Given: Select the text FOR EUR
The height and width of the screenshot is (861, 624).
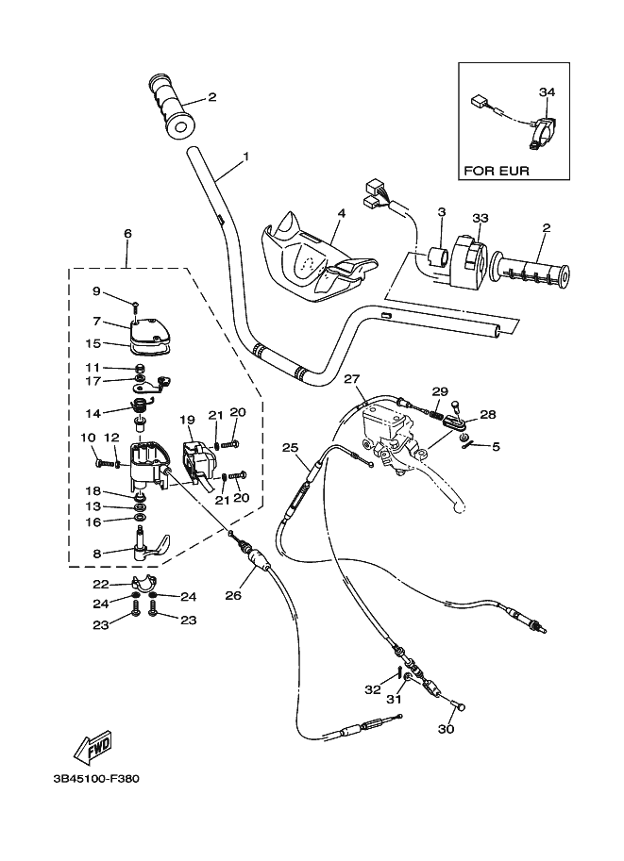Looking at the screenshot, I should click(x=496, y=171).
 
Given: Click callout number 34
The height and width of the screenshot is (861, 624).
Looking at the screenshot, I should click(x=548, y=91).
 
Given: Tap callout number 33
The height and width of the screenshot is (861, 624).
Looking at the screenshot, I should click(x=480, y=218).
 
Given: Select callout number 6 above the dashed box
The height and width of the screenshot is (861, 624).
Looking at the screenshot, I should click(x=127, y=233).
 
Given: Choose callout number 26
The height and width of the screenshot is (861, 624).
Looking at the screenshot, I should click(x=234, y=594).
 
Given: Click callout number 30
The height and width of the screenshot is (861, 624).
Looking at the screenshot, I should click(x=447, y=729).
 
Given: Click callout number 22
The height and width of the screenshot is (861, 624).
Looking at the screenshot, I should click(x=101, y=584).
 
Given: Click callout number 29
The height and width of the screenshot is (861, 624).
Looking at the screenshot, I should click(x=464, y=391).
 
